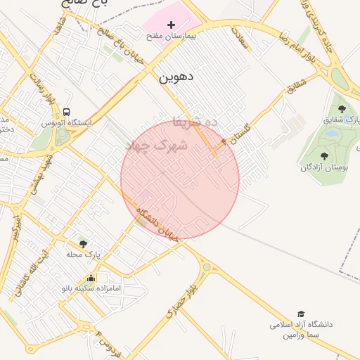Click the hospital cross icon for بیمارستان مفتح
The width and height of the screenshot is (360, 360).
click(x=171, y=25)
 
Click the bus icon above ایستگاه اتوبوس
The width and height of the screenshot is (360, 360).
click(x=67, y=112)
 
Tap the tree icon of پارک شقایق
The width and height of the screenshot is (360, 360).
click(x=342, y=109)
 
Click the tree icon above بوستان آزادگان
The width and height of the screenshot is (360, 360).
click(x=324, y=156)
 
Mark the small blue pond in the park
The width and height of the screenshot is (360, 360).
click(x=329, y=133)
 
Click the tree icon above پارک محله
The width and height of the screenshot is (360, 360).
click(x=84, y=243)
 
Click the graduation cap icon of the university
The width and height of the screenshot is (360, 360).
click(x=301, y=314)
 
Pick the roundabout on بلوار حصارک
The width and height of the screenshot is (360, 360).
click(x=206, y=267)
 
